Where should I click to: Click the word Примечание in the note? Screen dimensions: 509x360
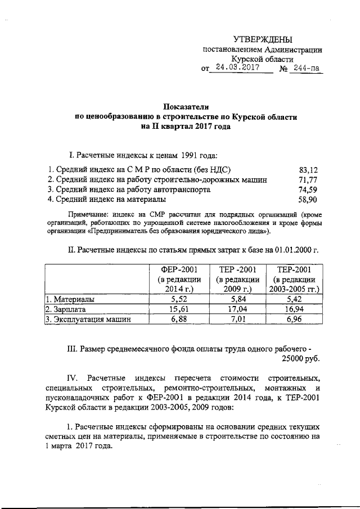[x=89, y=214]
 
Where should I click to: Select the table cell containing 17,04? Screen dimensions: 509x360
[x=237, y=310]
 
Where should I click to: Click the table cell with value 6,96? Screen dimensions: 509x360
[x=294, y=320]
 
